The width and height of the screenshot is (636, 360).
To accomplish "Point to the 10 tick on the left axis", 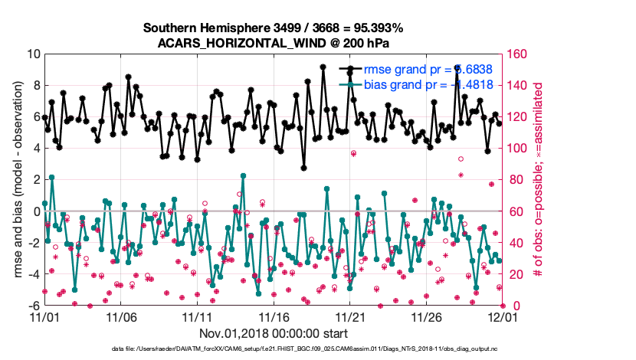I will pos(34,54).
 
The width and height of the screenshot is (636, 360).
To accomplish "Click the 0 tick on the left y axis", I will pos(36,211).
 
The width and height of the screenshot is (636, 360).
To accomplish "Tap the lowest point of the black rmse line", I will pos(303,167).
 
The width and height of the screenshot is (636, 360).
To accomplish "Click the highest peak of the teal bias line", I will pos(52,177).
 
